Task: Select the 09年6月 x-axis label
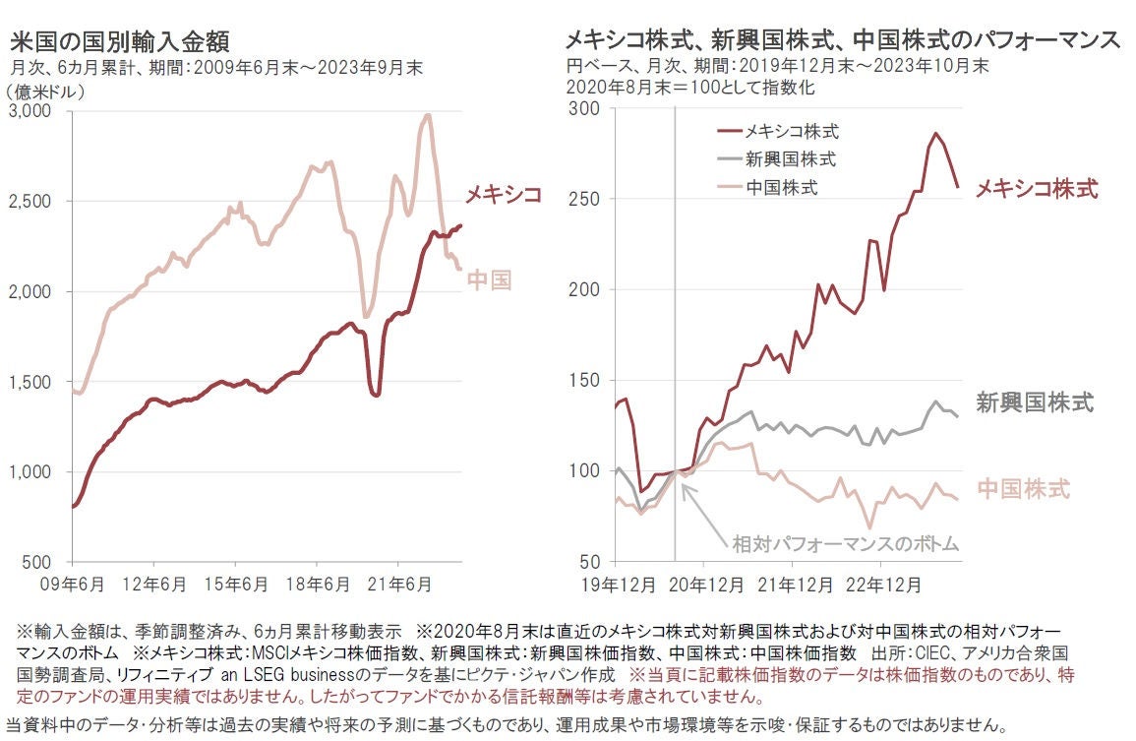tap(73, 585)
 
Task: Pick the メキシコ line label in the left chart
tap(503, 194)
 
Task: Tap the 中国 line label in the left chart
tap(489, 281)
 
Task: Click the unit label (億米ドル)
tap(46, 91)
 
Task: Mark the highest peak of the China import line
tap(427, 115)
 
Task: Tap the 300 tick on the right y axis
tap(587, 109)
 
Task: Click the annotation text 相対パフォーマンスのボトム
tap(845, 543)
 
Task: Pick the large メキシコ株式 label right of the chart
tap(1037, 189)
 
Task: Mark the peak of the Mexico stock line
tap(935, 134)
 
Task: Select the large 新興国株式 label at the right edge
tap(1035, 401)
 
